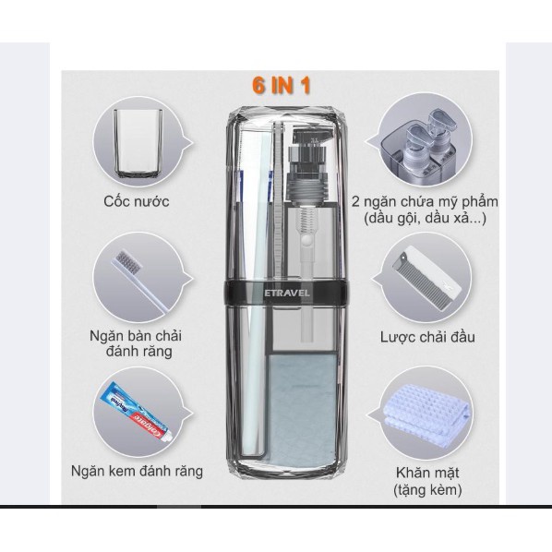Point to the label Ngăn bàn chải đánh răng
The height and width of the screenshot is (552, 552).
point(139,342)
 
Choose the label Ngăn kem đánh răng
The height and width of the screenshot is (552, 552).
point(138,472)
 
